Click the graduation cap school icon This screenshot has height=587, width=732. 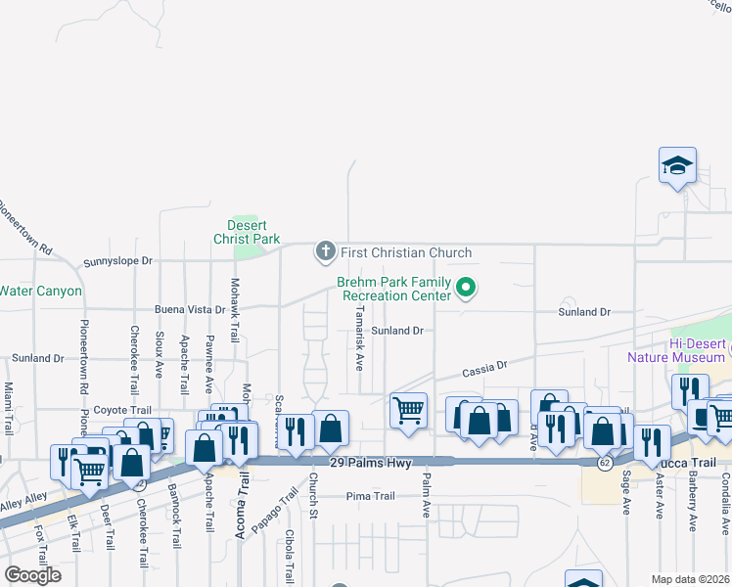[677, 165]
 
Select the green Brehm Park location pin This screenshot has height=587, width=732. [467, 289]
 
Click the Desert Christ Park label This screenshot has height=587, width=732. [248, 231]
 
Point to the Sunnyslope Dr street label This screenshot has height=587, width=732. [118, 261]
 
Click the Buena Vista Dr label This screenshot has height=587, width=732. [190, 309]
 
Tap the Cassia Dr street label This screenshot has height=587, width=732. [484, 367]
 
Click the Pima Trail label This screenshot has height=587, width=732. [370, 496]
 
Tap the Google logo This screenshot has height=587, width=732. [31, 575]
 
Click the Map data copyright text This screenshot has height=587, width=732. [691, 579]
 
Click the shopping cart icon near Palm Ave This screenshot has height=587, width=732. [408, 410]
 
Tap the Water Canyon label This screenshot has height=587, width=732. [40, 291]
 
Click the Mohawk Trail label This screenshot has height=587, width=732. [235, 309]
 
